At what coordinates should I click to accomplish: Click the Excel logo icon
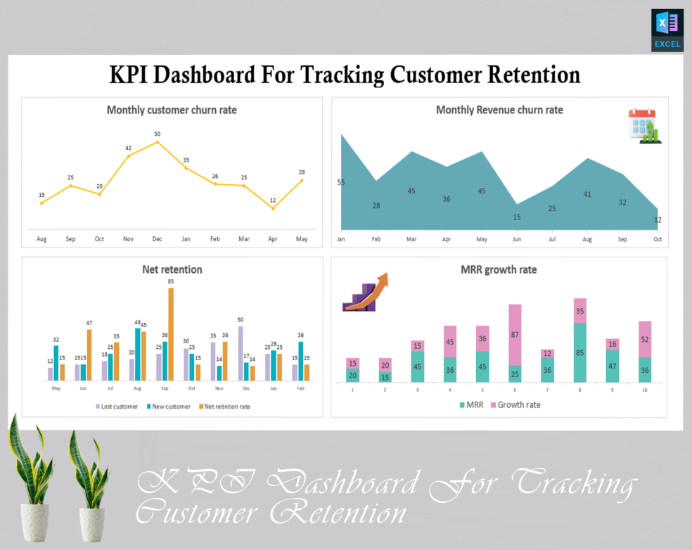pyautogui.click(x=667, y=30)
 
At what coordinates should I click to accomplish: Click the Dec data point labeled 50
pyautogui.click(x=157, y=142)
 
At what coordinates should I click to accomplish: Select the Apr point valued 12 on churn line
pyautogui.click(x=273, y=208)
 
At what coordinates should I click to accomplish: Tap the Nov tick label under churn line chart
pyautogui.click(x=128, y=239)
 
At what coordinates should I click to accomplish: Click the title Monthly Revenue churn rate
pyautogui.click(x=499, y=110)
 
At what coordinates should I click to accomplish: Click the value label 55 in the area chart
pyautogui.click(x=341, y=183)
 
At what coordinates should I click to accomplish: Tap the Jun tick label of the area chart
pyautogui.click(x=517, y=239)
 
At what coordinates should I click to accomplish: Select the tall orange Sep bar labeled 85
pyautogui.click(x=170, y=334)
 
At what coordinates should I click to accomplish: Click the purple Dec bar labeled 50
pyautogui.click(x=241, y=353)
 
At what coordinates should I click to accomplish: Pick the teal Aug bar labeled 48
pyautogui.click(x=138, y=354)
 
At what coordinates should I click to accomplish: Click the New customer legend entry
pyautogui.click(x=168, y=407)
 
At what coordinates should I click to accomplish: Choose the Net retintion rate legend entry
pyautogui.click(x=224, y=407)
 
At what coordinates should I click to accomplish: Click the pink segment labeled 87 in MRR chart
pyautogui.click(x=515, y=335)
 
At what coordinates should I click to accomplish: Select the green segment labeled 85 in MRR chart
pyautogui.click(x=580, y=352)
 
